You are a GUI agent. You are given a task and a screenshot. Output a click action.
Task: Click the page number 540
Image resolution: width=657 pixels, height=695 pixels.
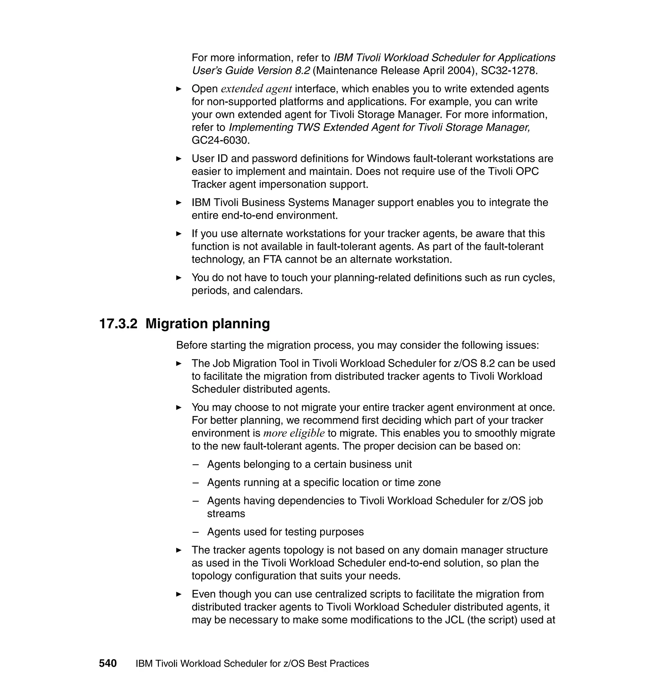click(107, 663)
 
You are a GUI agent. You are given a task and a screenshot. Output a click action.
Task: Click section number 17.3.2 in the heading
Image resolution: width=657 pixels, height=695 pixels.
click(118, 324)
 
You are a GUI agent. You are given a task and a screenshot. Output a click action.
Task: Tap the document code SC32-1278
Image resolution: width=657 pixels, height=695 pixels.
click(508, 71)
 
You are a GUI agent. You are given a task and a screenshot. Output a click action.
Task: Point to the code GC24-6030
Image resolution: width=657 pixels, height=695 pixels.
click(220, 140)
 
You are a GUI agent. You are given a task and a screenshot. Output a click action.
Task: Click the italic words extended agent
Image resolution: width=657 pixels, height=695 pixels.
click(256, 89)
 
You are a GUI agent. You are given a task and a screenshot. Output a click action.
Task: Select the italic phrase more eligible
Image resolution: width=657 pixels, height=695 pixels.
click(294, 433)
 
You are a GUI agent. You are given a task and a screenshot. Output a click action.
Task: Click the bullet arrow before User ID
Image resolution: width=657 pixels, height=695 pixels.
click(179, 159)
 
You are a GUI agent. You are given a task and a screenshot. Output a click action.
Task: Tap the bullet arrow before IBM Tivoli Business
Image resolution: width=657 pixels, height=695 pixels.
click(179, 203)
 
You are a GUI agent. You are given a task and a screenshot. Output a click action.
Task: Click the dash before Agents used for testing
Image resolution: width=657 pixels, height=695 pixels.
click(195, 532)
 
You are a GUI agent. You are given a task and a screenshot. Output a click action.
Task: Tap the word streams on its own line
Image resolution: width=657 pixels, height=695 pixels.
click(226, 514)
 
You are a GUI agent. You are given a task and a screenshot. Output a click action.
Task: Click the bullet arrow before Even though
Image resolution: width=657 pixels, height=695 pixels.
click(179, 594)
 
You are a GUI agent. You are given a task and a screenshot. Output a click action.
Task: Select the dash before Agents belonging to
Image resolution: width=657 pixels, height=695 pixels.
click(195, 465)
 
